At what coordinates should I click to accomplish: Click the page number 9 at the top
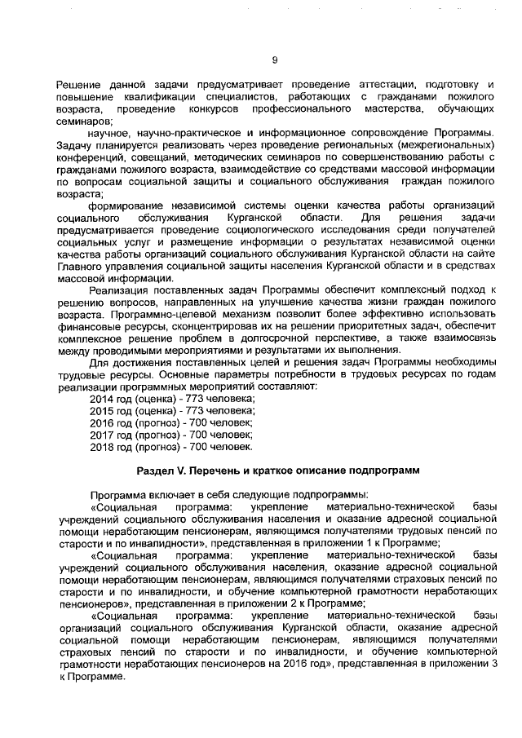tap(275, 59)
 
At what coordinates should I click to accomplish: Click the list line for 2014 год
tap(172, 398)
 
